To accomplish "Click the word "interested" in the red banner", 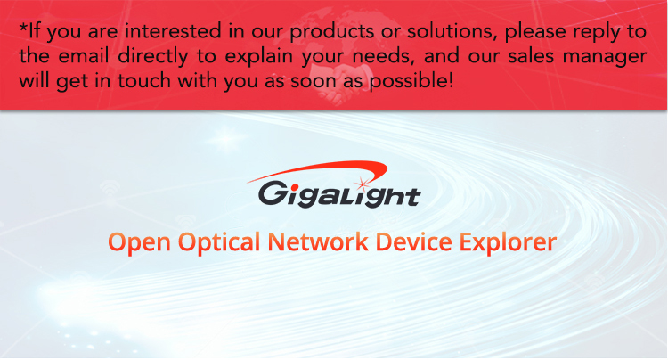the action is [x=174, y=31].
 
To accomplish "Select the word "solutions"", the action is [x=452, y=31].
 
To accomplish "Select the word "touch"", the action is [x=144, y=80].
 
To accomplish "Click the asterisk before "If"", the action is [x=23, y=28].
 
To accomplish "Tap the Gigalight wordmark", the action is [x=339, y=194].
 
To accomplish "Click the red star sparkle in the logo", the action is [x=363, y=184].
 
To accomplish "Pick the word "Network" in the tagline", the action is [x=318, y=241].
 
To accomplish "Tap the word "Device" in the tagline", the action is [x=413, y=241].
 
